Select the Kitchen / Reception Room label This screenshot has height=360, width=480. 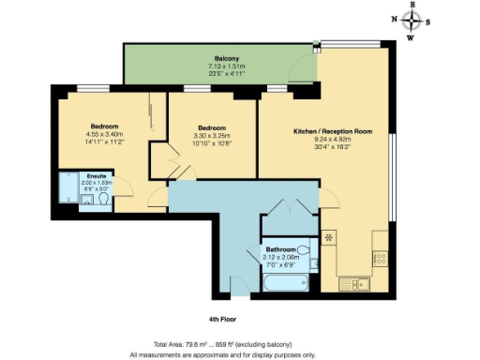[332, 132]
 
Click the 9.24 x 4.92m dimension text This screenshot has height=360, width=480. [332, 141]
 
